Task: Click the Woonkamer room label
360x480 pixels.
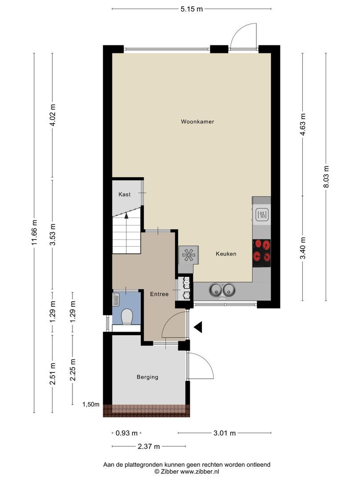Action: (x=197, y=121)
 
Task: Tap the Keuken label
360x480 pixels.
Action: (x=226, y=254)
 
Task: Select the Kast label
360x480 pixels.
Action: (x=124, y=194)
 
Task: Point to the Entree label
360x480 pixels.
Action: (x=159, y=294)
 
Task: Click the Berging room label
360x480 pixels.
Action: (x=148, y=377)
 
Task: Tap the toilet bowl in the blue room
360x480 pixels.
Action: (x=126, y=316)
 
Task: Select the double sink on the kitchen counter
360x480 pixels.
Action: (x=223, y=290)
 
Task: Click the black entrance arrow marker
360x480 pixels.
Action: (x=198, y=327)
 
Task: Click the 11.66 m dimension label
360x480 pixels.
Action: (x=34, y=232)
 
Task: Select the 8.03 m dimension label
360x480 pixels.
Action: (x=326, y=177)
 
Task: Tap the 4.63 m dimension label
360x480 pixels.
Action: (x=303, y=124)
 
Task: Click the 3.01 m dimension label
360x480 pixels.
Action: (x=224, y=433)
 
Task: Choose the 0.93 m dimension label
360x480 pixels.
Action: (x=126, y=433)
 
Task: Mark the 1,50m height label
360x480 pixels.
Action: (x=91, y=404)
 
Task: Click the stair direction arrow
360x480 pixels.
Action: (x=126, y=215)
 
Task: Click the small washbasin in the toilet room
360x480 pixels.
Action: (x=116, y=299)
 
